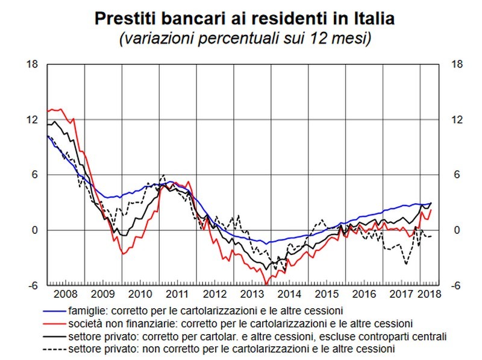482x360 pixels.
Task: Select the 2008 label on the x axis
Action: tap(66, 295)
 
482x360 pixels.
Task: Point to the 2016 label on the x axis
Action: tap(364, 295)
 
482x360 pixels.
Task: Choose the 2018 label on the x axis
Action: tap(430, 295)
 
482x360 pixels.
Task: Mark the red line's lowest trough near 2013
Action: tap(266, 283)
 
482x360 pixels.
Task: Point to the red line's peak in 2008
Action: tap(57, 109)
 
